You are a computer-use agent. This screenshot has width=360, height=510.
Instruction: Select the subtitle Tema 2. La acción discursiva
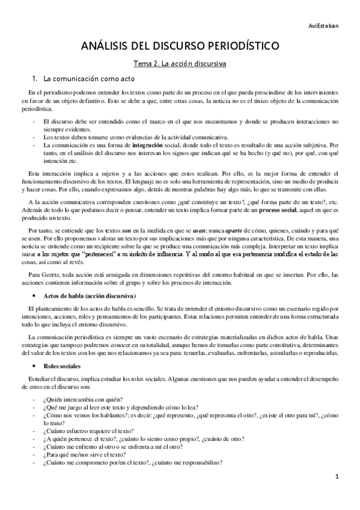[x=180, y=62]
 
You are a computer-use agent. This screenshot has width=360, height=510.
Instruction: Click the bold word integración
[x=150, y=145]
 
